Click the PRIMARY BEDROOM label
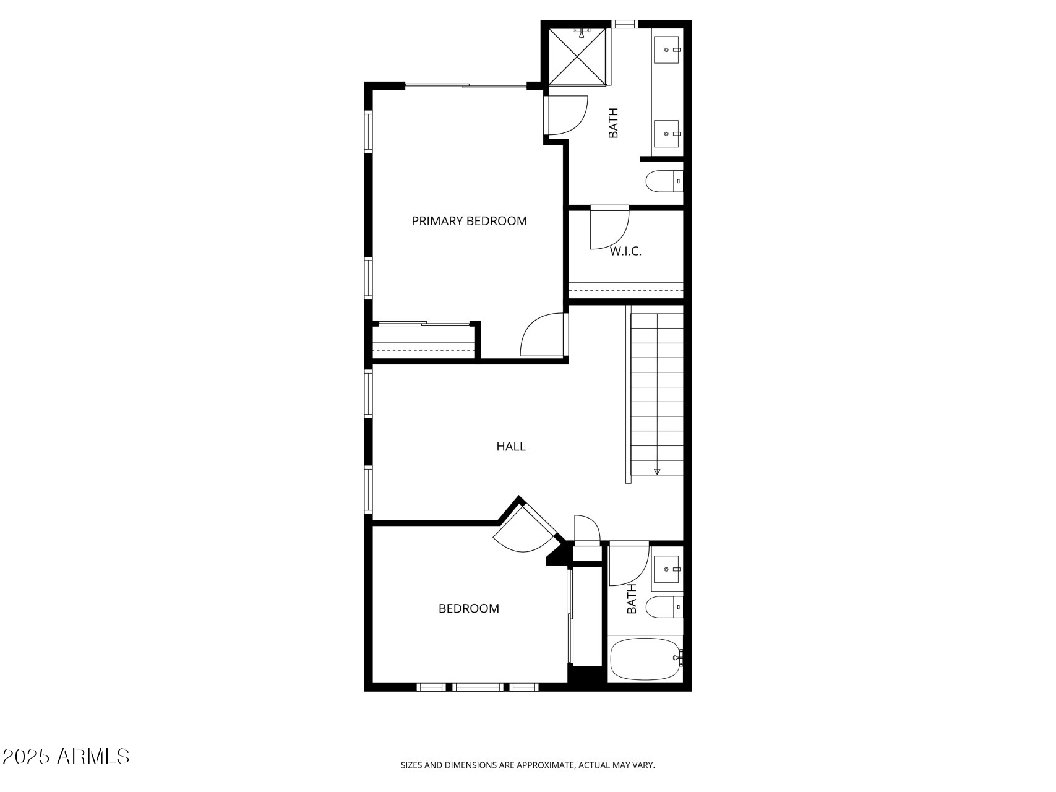tap(469, 221)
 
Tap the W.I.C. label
tap(625, 251)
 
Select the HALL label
tap(511, 446)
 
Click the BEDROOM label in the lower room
tap(468, 608)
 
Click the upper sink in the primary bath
tap(667, 49)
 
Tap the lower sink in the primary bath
tap(667, 133)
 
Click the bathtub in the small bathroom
tap(644, 660)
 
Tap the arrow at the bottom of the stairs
tap(657, 471)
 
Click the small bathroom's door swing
tap(626, 564)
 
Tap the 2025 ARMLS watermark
tap(66, 756)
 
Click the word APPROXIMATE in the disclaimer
tap(545, 765)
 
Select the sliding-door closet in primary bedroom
tap(424, 339)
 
